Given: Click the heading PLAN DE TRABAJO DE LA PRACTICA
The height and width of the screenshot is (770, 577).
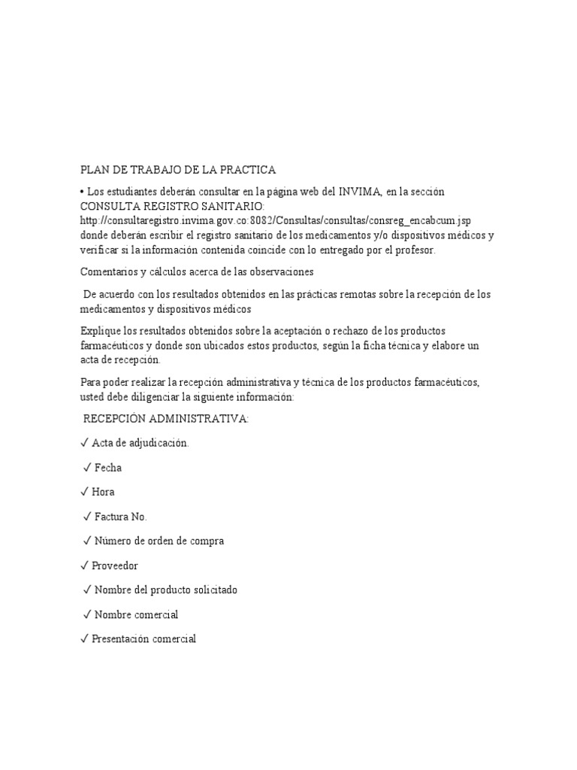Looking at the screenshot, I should pos(178,169).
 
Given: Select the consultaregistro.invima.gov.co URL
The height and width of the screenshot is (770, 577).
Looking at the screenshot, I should pos(276,220).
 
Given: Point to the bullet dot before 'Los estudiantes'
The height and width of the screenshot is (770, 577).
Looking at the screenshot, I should pos(82,192).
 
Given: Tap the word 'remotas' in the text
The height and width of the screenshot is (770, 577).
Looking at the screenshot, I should pos(381,294).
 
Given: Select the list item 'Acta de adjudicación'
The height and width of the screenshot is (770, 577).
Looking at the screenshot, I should pos(140,443).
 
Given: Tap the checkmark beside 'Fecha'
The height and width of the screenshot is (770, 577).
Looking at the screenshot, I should pos(87,468).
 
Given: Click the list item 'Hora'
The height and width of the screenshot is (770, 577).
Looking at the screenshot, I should pos(103,492).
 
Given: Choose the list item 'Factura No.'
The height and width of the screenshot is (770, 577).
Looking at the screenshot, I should pos(120,517).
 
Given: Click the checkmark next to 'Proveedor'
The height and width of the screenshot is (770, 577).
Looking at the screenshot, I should pos(84,565).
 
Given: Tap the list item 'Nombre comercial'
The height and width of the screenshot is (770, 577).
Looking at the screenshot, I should pos(136,614).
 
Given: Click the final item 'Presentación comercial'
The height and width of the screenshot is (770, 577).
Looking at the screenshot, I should pos(143,639).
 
